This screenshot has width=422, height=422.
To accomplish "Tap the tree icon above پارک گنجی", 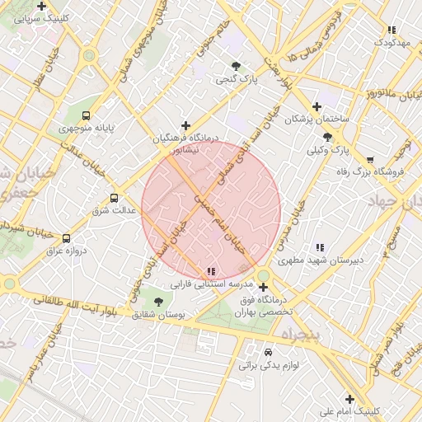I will (237, 66).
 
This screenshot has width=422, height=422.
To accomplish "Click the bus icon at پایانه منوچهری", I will (86, 115).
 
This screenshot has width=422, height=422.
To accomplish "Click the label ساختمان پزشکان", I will (317, 120).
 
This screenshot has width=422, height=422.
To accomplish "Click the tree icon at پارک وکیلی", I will (328, 137).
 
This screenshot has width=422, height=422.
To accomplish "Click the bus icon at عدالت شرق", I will (114, 198).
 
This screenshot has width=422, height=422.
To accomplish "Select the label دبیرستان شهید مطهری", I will (320, 260).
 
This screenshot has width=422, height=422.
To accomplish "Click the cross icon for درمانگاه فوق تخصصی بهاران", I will (263, 288).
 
